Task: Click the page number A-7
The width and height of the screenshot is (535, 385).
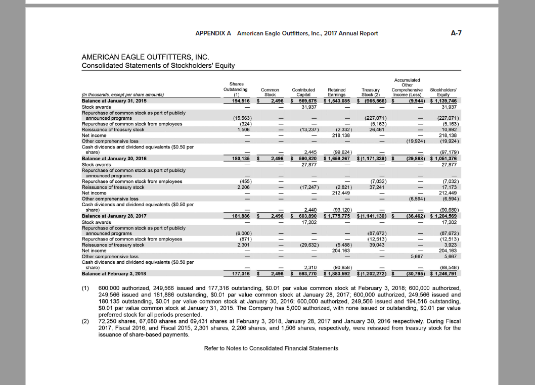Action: click(456, 33)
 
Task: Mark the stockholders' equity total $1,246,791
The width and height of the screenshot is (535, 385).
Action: click(443, 274)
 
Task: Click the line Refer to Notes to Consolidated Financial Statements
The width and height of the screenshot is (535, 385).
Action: click(271, 349)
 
